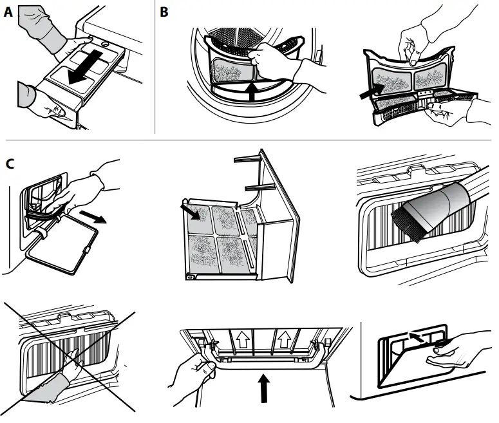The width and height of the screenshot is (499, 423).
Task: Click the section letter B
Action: coord(164,12)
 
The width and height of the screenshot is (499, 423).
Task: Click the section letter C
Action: coord(9,164)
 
